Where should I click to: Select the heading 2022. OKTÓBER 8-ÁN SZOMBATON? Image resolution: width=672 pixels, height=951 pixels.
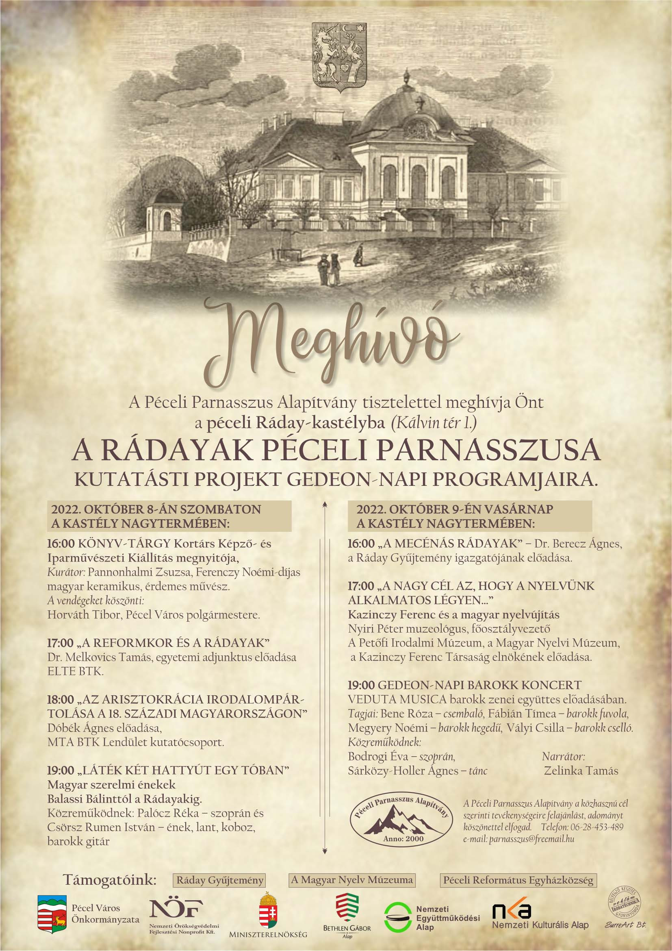coord(156,509)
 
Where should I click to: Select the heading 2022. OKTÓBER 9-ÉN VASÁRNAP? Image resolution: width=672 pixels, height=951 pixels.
coord(455,509)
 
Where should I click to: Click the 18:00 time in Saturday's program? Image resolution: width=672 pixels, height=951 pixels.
coord(61,699)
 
